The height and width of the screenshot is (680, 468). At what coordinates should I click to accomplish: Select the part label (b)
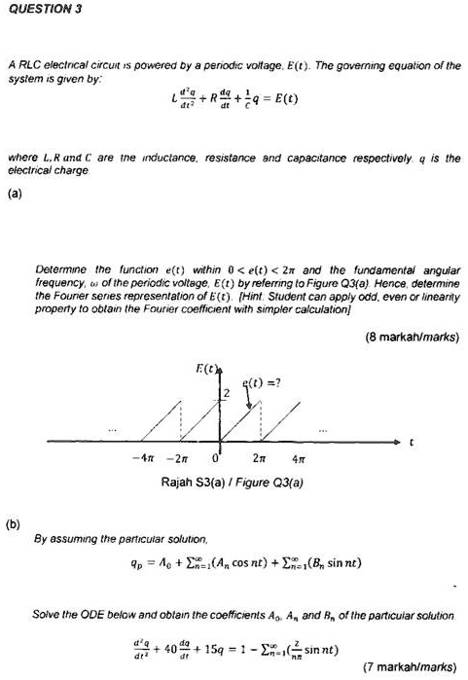pyautogui.click(x=14, y=523)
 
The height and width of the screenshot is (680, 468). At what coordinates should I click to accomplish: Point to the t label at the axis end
pyautogui.click(x=412, y=441)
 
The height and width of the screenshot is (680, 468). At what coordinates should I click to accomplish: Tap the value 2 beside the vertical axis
pyautogui.click(x=222, y=391)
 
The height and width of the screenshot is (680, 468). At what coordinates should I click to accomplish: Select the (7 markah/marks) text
pyautogui.click(x=408, y=666)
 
